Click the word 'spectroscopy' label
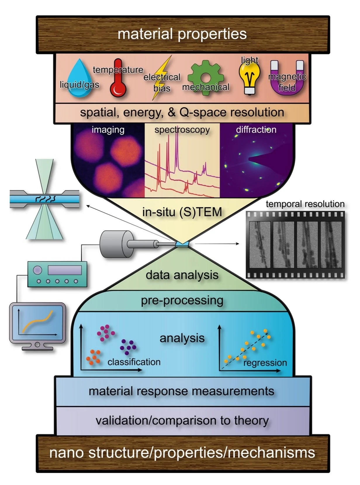pos(182,129)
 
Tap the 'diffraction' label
pos(256,129)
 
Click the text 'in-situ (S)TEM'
pos(182,212)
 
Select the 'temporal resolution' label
pos(305,204)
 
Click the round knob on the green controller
pos(37,270)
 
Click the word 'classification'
pos(134,362)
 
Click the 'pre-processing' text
pos(182,300)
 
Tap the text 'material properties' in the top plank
pos(182,34)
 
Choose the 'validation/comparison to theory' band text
pos(182,420)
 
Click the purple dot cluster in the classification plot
pos(128,346)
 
